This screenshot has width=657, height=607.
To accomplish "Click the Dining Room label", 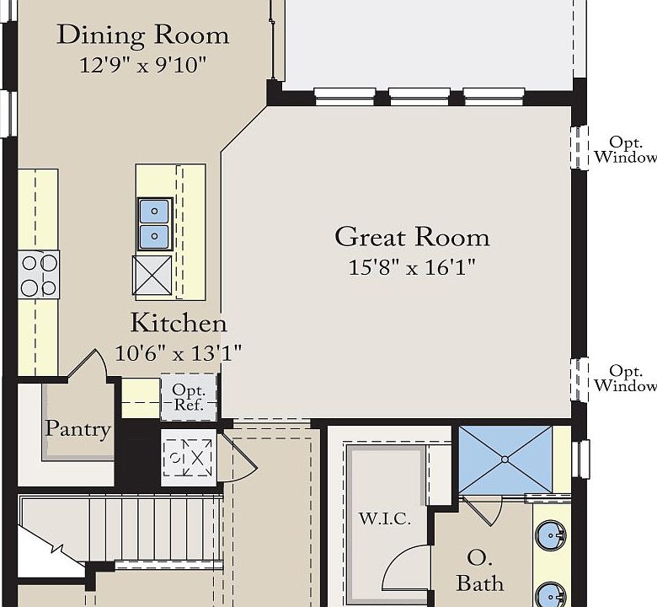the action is pos(143,35).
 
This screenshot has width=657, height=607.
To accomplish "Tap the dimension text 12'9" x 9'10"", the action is pos(143,66).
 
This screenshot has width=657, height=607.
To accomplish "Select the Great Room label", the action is pos(412,237).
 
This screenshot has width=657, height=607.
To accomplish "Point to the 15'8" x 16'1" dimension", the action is pos(412,267).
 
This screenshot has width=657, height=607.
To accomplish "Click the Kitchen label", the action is pos(179,323).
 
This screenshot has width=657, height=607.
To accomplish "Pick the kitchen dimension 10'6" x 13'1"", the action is pos(179,353).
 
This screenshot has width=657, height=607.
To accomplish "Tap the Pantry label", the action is pos(78,429).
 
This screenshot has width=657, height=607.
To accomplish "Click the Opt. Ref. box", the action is pos(189,397).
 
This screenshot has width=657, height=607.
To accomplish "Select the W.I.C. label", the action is pos(385,519).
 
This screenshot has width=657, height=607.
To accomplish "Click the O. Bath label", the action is pos(480,571).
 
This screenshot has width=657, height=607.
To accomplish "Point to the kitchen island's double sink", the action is pos(155,224).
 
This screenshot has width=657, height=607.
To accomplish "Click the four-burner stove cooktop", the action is pos(39,275).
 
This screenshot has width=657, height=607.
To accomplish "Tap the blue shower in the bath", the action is pos(505,459).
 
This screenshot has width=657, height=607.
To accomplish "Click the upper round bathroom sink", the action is pos(551,535).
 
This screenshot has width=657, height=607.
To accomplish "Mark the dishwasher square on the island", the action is pos(152,275).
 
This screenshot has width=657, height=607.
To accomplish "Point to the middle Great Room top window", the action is pos(419,96).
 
